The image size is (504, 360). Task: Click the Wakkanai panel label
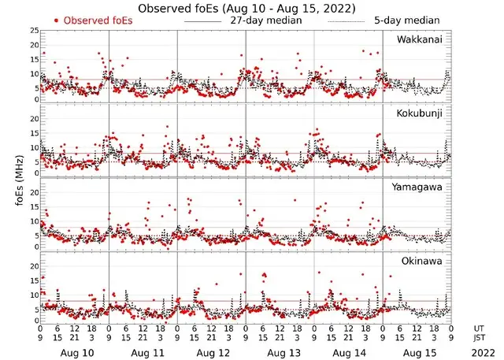pyautogui.click(x=419, y=39)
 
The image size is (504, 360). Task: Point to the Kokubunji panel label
pyautogui.click(x=420, y=114)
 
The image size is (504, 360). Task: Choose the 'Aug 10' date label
pyautogui.click(x=76, y=354)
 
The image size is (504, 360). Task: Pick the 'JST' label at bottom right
pyautogui.click(x=480, y=339)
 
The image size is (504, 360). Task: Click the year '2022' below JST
pyautogui.click(x=480, y=354)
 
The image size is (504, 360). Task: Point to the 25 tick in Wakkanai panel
pyautogui.click(x=34, y=30)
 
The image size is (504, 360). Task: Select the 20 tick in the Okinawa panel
pyautogui.click(x=34, y=266)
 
